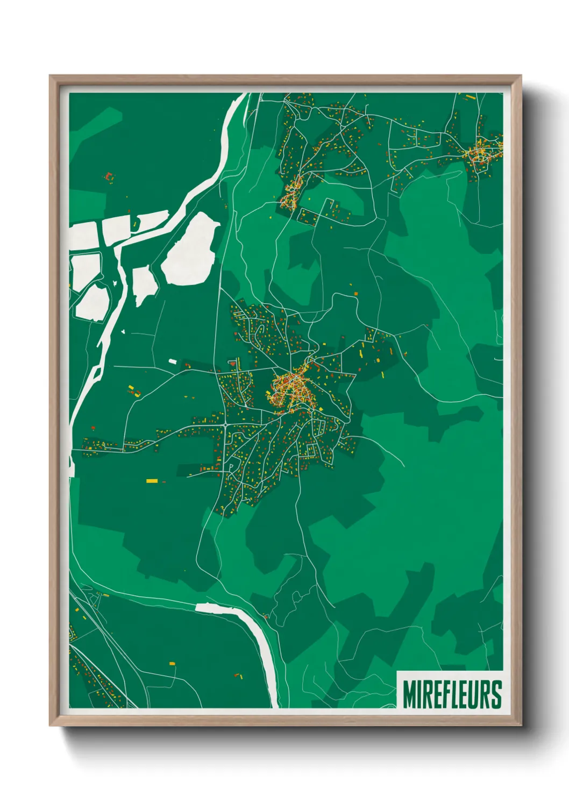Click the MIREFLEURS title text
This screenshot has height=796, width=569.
tap(452, 694)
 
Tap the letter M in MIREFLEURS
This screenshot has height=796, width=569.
tap(408, 694)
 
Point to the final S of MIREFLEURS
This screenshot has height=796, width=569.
tap(496, 694)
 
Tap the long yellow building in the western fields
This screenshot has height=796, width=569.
tap(152, 480)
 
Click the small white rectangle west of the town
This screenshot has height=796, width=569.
tap(172, 361)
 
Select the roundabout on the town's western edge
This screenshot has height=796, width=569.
tap(224, 425)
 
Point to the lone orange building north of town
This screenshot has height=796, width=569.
tap(355, 294)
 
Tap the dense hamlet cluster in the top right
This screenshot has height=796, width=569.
tap(480, 153)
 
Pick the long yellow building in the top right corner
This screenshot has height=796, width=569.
tap(470, 97)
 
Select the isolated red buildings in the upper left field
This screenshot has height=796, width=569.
tap(109, 176)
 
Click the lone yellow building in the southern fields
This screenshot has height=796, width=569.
tap(172, 663)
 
